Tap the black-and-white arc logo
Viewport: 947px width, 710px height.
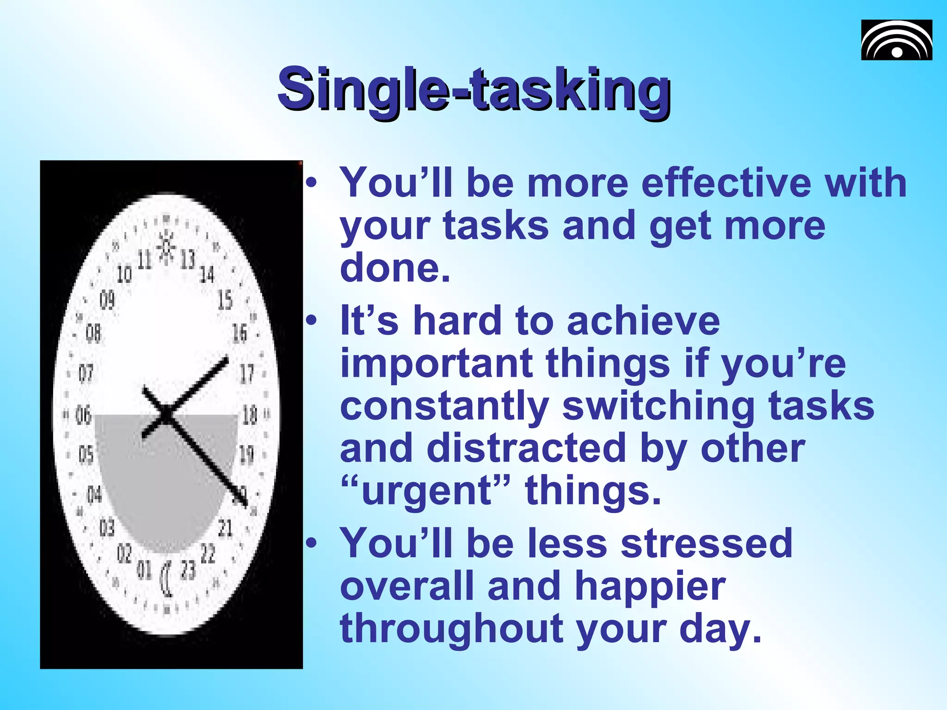coord(896,40)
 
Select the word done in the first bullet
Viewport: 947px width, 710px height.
coord(394,268)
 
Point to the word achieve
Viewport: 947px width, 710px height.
coord(643,321)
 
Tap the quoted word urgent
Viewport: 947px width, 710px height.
coord(425,491)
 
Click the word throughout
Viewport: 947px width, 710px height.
coord(451,629)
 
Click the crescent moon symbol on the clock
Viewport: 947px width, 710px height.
coord(166,579)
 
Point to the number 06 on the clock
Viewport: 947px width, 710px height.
coord(84,415)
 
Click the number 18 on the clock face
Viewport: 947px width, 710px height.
coord(250,415)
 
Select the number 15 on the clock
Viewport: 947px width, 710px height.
coord(225,300)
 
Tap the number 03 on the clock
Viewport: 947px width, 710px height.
coord(107,527)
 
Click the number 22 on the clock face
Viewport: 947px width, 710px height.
coord(208,553)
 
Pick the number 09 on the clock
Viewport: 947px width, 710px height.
coord(107,300)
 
